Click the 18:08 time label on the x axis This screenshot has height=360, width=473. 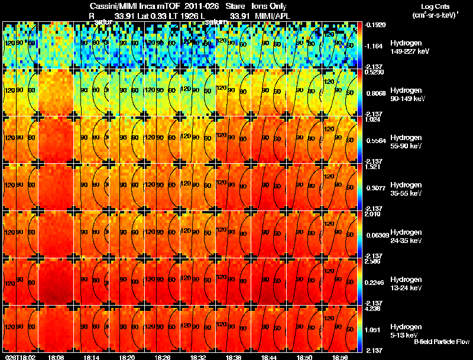[x=56, y=357]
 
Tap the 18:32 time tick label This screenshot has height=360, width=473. [x=198, y=357]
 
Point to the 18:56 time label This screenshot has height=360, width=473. [x=340, y=357]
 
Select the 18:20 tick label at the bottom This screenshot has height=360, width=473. [x=127, y=357]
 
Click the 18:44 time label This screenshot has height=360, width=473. [x=269, y=357]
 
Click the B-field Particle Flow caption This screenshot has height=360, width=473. [x=441, y=342]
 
